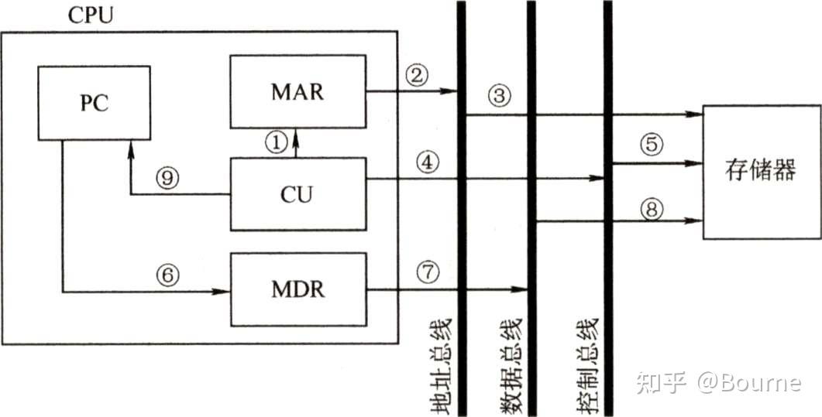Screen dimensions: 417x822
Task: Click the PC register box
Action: tap(94, 103)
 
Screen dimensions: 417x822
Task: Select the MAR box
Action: tap(298, 91)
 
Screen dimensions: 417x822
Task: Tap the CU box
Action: tap(298, 193)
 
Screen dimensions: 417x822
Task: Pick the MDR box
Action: tap(298, 290)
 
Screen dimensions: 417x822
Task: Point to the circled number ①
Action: tap(276, 140)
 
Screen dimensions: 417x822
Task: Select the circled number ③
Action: tap(500, 96)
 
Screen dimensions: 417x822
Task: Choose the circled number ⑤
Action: tap(652, 144)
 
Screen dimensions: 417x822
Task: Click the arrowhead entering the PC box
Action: tap(131, 146)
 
